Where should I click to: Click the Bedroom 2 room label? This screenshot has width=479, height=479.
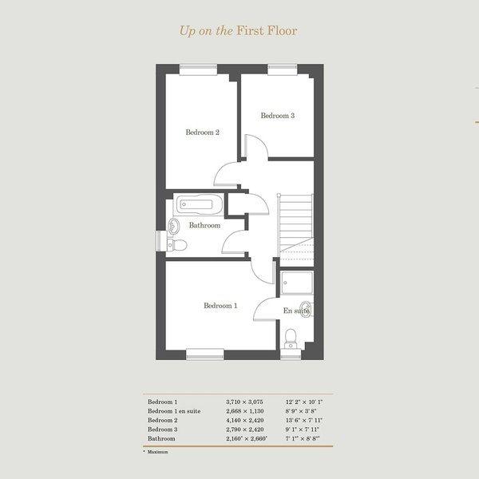pos(203,133)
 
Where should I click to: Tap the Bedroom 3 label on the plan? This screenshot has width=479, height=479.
pos(278,116)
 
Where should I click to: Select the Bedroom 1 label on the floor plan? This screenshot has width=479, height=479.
pos(220,306)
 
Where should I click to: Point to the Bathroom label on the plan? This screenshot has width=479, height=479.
pos(204,225)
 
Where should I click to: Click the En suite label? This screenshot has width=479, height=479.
pos(296,311)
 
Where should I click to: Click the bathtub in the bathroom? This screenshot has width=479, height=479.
pos(199,204)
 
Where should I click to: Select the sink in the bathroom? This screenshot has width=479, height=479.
pos(173,227)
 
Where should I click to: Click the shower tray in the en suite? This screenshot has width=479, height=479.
pos(297,283)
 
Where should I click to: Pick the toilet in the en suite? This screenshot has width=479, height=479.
pos(291,338)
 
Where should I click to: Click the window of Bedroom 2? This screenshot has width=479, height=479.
pos(198,69)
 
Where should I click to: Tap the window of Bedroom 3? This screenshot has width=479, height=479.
pos(283,69)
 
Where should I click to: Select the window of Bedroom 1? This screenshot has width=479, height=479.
pos(205,354)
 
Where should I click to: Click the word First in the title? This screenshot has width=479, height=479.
pos(250,30)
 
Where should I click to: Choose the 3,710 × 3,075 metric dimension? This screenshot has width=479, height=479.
pos(244,402)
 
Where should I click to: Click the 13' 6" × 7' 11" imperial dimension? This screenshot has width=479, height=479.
pos(304,421)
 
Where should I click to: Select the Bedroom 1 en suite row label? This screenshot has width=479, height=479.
pos(174,411)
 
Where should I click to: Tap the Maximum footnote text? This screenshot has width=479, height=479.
pos(157,452)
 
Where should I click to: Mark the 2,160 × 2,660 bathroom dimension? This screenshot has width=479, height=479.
pos(247,438)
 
